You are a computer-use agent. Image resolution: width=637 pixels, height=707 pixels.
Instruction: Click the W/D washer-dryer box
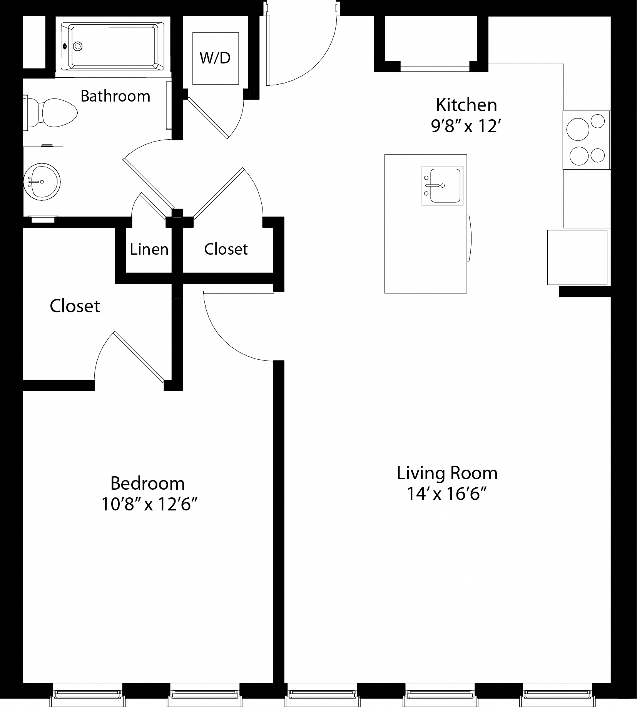[x=216, y=58]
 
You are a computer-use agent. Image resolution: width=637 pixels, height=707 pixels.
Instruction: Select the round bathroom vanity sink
[x=42, y=181]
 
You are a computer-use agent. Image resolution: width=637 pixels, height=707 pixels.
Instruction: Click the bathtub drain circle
[x=78, y=47]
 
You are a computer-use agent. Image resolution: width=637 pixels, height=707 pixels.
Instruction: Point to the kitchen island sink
[x=442, y=186]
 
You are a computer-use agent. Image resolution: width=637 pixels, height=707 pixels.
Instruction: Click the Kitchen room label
[x=466, y=105]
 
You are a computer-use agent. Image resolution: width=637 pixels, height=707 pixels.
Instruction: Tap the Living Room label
[x=447, y=473]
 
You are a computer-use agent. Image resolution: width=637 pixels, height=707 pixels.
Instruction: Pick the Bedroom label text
[x=147, y=483]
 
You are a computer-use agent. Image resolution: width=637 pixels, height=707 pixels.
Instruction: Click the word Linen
[x=149, y=249]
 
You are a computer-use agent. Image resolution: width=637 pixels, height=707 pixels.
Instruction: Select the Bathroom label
[x=115, y=96]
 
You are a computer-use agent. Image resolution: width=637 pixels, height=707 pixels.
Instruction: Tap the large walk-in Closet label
[x=75, y=306]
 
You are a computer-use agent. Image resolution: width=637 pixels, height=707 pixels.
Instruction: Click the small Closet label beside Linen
[x=226, y=249]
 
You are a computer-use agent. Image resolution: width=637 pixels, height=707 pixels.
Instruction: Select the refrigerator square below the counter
[x=577, y=257]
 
